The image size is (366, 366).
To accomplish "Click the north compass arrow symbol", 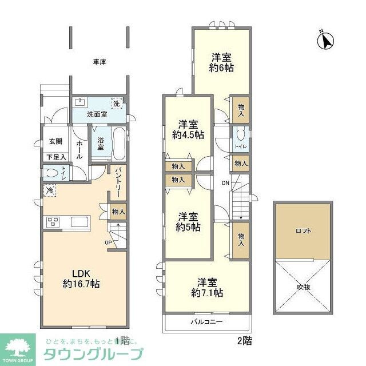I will pos(326,41).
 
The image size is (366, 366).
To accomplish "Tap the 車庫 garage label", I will pos(100,61).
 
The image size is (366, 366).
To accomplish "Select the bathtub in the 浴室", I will pos(118,144).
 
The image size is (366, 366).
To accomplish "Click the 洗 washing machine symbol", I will pos(116,104).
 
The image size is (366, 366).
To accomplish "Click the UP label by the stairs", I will pos(108,242).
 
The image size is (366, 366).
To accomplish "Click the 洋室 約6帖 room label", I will pos(221,62).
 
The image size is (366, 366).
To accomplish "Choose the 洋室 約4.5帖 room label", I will pos(188,129).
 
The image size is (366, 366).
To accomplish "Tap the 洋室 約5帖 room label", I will pos(188,222).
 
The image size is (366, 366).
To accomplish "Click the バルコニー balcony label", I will pos(206,322).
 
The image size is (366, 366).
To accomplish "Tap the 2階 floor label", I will pos(244,341).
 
